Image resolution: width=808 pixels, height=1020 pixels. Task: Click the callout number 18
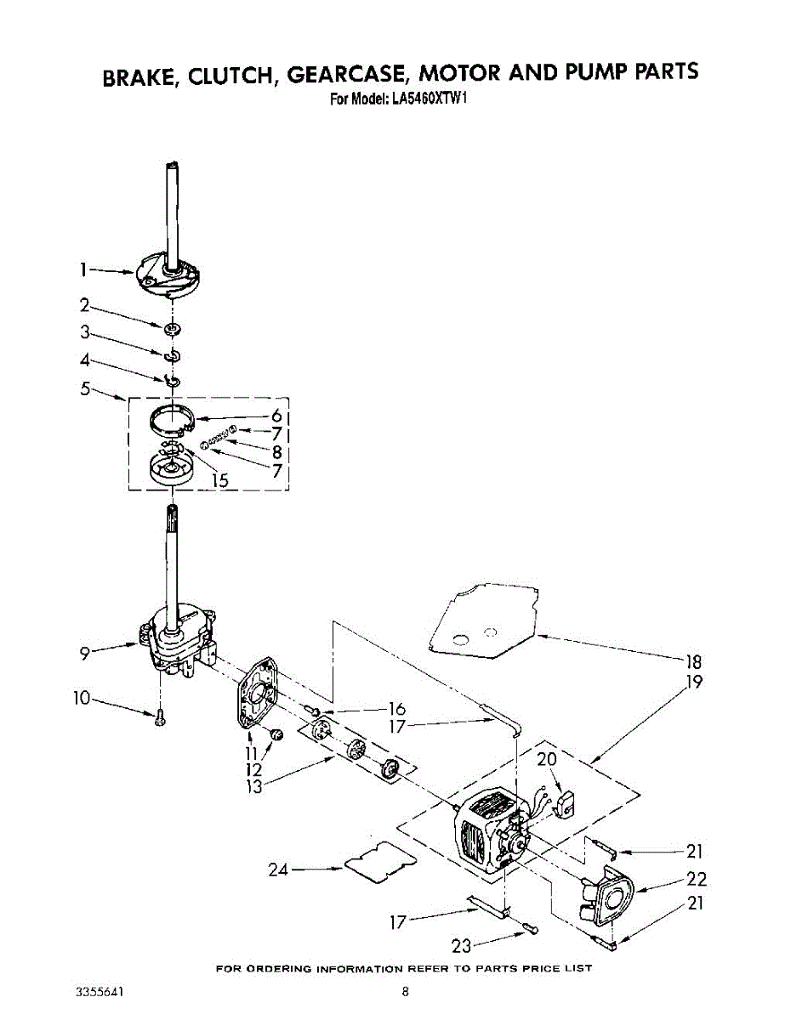coord(693,662)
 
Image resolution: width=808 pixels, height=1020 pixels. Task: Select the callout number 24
coord(279,870)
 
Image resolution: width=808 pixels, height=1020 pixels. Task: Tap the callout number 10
coord(82,699)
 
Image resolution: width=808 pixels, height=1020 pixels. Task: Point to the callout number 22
coord(696,880)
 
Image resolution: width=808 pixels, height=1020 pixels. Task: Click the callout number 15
coord(220,480)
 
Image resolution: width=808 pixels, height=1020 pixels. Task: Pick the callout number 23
coord(462,946)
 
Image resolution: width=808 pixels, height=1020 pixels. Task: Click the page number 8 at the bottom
coord(406,991)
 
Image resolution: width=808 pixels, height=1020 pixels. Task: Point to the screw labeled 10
coord(160,719)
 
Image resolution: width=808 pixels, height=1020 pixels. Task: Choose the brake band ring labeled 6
coord(174,421)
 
